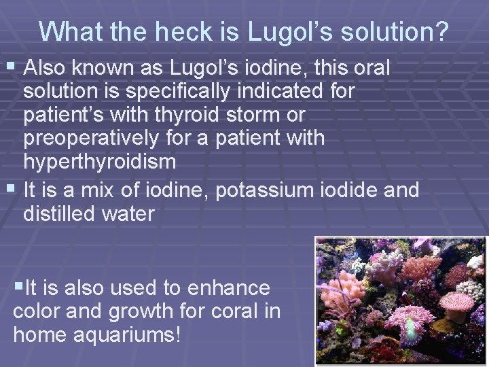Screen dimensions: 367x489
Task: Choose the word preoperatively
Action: (92, 138)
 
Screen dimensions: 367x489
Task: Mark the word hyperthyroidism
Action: (100, 162)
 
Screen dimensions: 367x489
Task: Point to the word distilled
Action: (57, 213)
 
